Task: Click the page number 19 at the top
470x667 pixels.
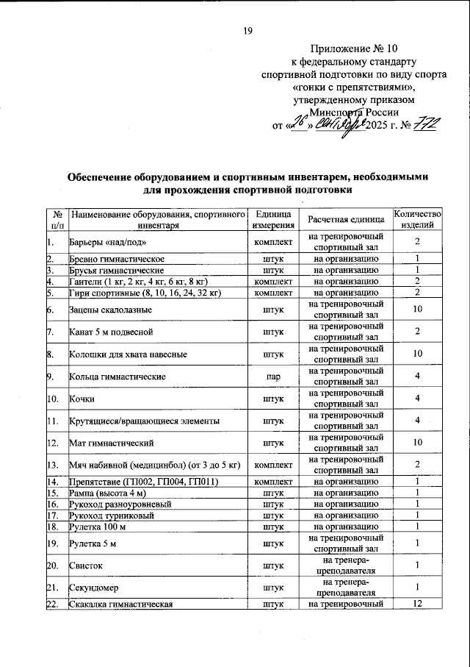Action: click(x=247, y=30)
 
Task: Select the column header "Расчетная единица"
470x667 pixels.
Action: click(x=345, y=219)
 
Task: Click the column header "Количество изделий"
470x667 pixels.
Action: click(x=416, y=219)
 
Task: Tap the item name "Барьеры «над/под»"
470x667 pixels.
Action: click(x=111, y=242)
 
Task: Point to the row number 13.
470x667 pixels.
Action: click(x=52, y=465)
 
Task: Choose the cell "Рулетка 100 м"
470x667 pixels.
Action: click(x=101, y=526)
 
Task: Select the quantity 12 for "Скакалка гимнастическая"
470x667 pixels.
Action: click(x=416, y=604)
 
